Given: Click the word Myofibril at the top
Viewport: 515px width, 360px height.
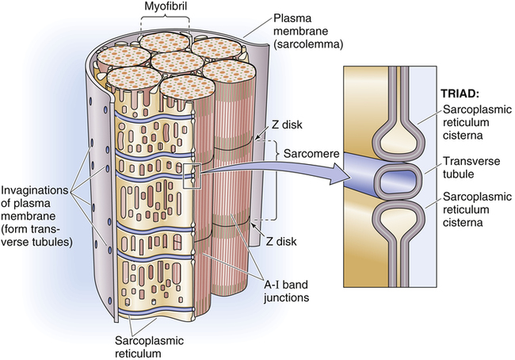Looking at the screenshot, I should click(163, 8).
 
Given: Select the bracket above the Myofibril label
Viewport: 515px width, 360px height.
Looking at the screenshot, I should click(163, 24).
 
